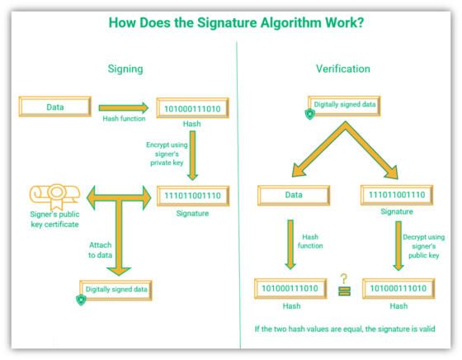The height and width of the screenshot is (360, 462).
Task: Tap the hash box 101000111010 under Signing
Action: (192, 107)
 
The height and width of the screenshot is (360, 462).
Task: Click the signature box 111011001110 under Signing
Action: (192, 196)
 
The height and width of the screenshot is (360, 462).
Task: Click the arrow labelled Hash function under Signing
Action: (123, 107)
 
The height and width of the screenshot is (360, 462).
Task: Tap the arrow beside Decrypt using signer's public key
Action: (398, 246)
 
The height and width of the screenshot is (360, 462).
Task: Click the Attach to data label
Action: (100, 250)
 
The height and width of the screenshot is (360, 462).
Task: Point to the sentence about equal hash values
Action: (346, 329)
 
